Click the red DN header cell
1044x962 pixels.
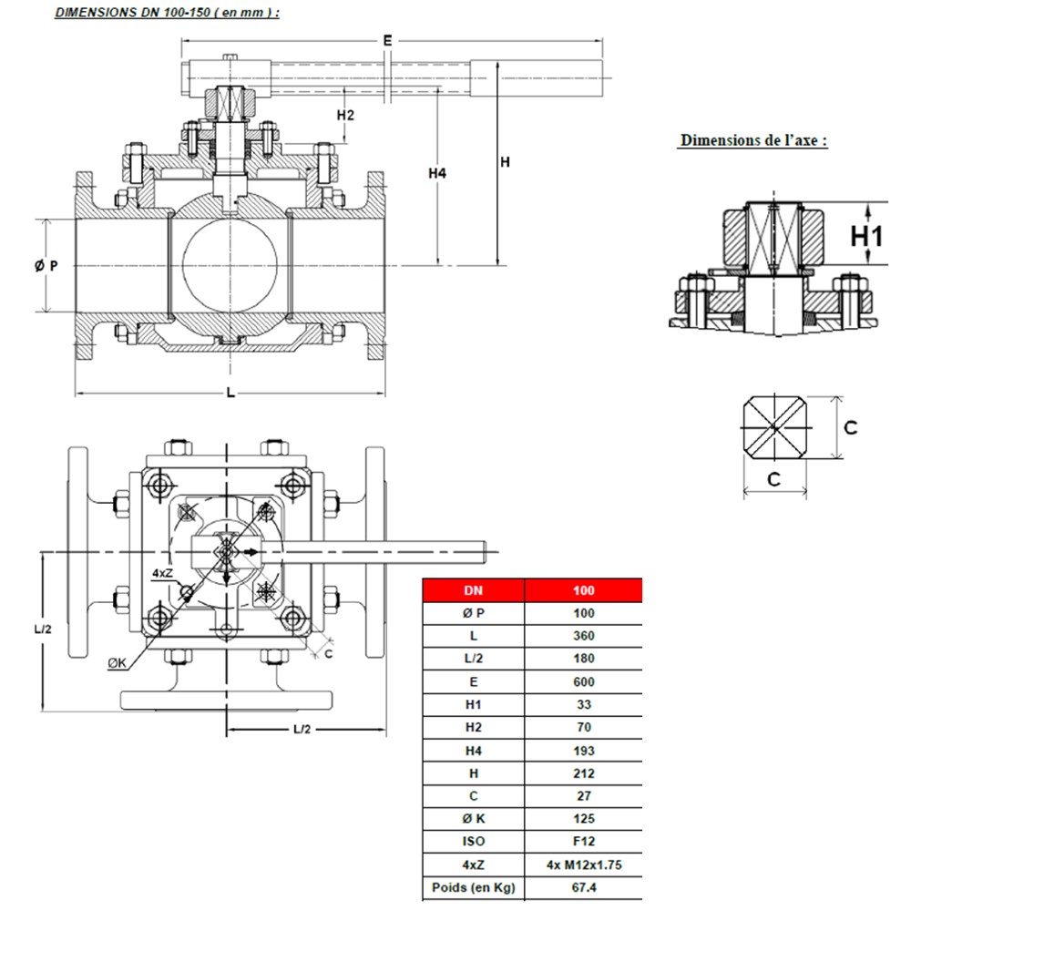[x=473, y=590]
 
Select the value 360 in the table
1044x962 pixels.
[x=583, y=636]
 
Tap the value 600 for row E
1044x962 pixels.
[x=583, y=681]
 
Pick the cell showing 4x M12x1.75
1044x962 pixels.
[x=583, y=865]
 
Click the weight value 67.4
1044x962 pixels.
[x=583, y=887]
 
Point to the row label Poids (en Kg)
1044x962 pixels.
[x=473, y=887]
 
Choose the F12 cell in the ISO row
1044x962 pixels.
[x=583, y=842]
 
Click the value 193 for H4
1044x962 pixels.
[x=583, y=751]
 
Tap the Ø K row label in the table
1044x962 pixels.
[x=473, y=819]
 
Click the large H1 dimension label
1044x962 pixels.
[x=867, y=236]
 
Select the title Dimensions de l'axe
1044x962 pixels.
[x=753, y=140]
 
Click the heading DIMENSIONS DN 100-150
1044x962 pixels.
[x=167, y=13]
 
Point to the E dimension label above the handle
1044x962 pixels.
[x=387, y=40]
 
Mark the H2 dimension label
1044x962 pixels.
[x=345, y=115]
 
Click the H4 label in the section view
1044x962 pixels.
[x=437, y=172]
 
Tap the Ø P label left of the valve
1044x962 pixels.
[x=46, y=266]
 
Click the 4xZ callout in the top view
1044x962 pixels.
[x=162, y=573]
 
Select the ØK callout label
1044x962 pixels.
[x=118, y=664]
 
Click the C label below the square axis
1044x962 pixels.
[x=773, y=479]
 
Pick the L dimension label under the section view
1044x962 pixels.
[x=230, y=393]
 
